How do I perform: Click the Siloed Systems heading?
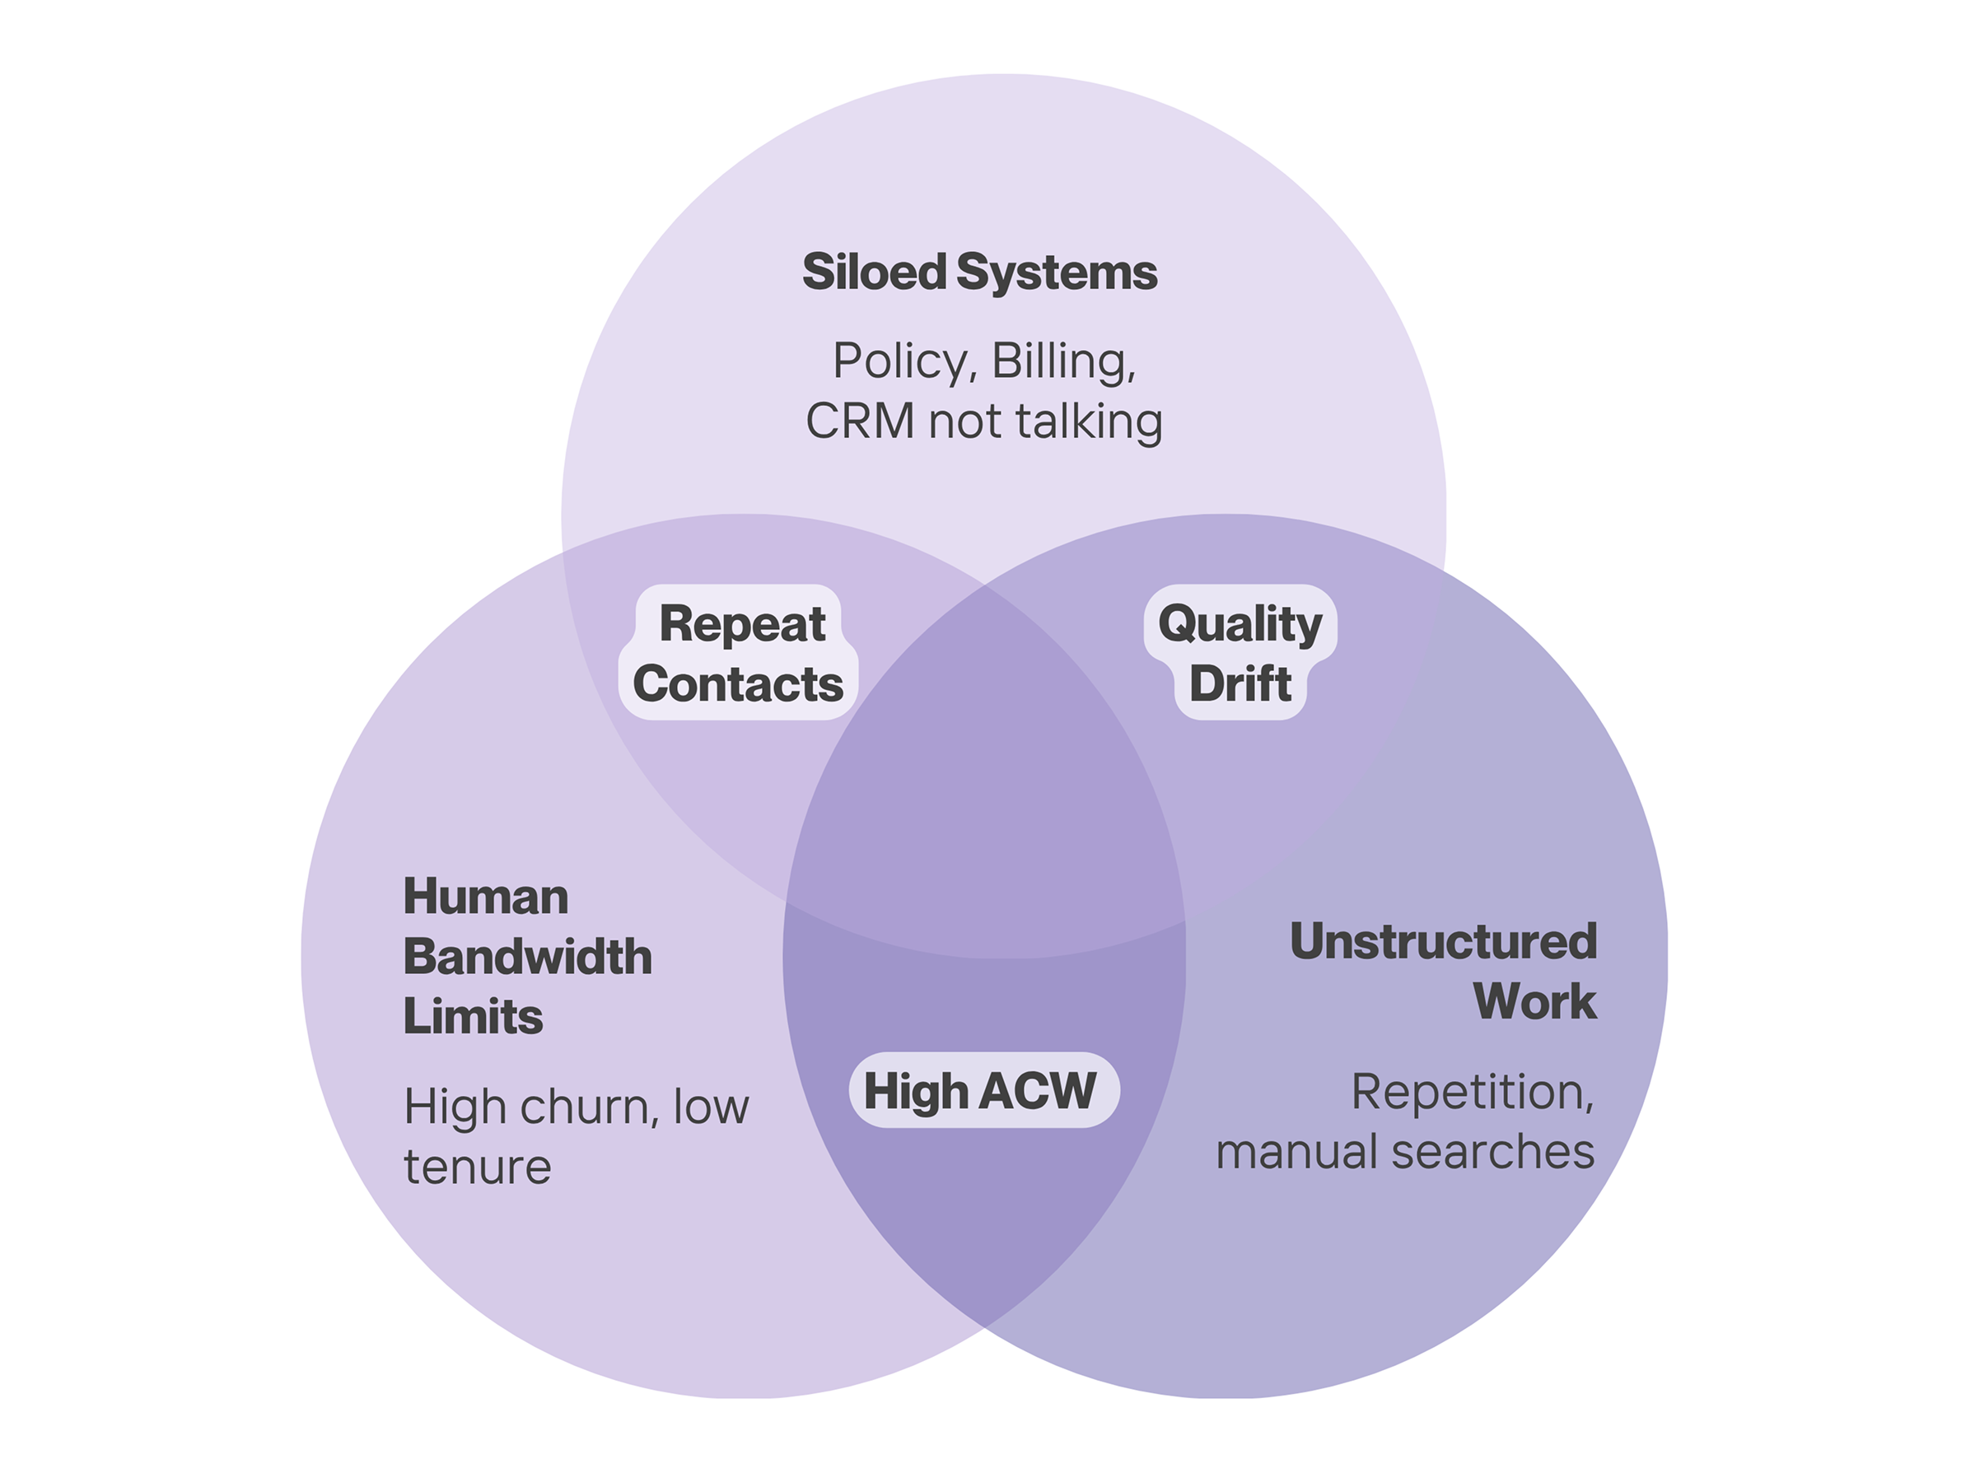tap(979, 272)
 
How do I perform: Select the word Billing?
tap(1062, 361)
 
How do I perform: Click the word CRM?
tap(859, 421)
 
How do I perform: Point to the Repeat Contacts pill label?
tap(738, 653)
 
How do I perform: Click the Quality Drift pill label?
tap(1240, 653)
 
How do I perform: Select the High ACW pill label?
tap(980, 1090)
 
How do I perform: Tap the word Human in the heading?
tap(485, 896)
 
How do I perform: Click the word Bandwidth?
tap(527, 956)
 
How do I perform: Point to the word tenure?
tap(477, 1168)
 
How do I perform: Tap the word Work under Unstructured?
tap(1534, 1000)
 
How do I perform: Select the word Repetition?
tap(1471, 1092)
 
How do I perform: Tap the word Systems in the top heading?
tap(1057, 272)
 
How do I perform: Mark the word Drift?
tap(1240, 684)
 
